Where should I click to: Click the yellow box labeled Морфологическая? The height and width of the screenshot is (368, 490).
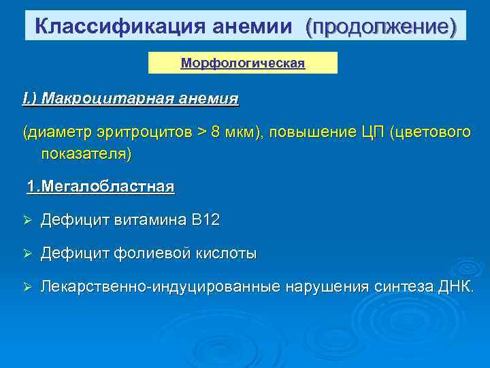tap(243, 63)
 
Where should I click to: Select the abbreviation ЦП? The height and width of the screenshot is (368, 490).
tap(371, 132)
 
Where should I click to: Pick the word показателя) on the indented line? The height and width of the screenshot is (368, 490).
tap(86, 153)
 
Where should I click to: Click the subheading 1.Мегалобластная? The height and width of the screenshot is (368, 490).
tap(100, 186)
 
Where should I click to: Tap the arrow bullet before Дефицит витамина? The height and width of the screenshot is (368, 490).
tap(27, 220)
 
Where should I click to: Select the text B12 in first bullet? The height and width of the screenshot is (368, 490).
tap(206, 220)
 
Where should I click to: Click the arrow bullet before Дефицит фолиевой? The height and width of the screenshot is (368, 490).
tap(27, 254)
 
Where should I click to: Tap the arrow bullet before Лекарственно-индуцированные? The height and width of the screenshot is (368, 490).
tap(27, 287)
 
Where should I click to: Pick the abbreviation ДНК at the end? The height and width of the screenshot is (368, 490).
tap(457, 287)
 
